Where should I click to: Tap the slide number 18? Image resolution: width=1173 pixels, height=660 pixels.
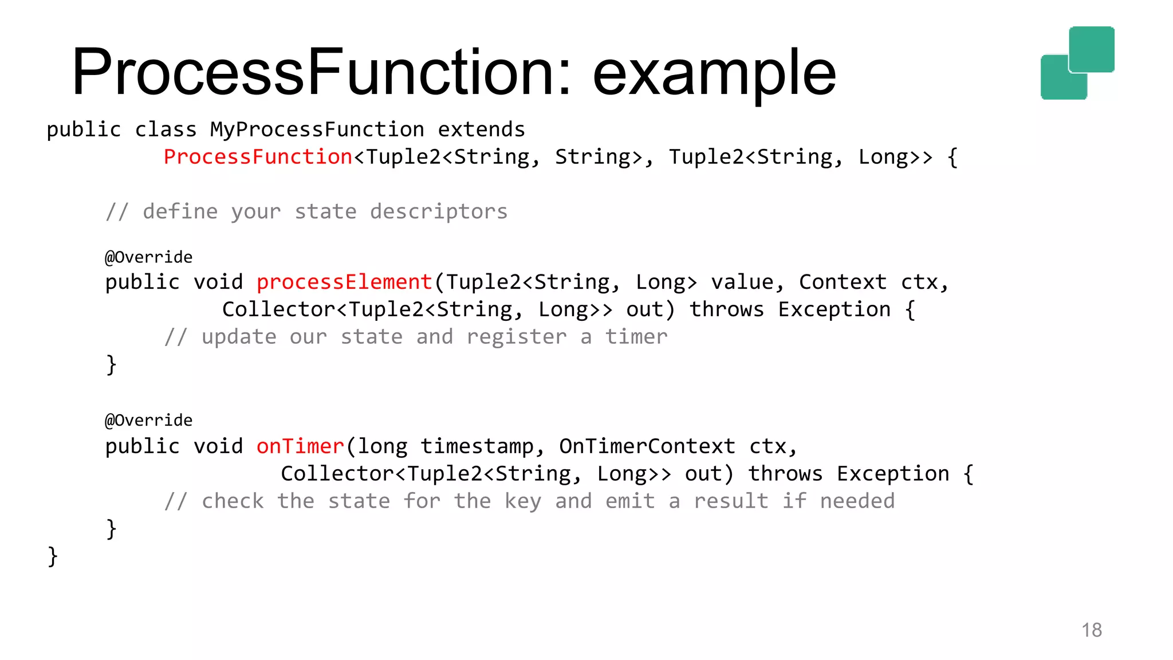(x=1092, y=630)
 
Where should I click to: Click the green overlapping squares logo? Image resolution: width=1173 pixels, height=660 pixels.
(x=1077, y=63)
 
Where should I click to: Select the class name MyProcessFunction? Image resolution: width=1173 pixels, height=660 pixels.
(x=317, y=129)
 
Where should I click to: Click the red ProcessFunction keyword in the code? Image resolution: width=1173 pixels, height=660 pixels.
(x=258, y=157)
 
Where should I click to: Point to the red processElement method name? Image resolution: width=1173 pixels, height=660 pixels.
(x=344, y=282)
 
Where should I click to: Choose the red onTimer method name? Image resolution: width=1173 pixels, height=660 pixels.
(x=300, y=446)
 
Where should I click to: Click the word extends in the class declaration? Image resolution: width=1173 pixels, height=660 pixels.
(x=481, y=129)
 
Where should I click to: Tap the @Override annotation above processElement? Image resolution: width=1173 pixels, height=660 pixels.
(x=149, y=257)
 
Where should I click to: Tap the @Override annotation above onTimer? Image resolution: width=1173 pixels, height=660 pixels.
(x=149, y=421)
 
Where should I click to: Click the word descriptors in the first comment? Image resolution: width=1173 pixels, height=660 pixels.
(x=439, y=212)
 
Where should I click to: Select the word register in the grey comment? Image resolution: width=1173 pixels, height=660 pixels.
(x=517, y=337)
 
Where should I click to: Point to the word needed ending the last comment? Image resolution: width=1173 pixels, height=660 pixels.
(x=857, y=501)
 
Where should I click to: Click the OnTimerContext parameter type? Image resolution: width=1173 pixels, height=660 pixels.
(x=647, y=446)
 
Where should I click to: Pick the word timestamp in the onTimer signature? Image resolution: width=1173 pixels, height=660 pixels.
(x=477, y=446)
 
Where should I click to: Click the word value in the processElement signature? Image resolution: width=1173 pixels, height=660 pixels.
(x=742, y=282)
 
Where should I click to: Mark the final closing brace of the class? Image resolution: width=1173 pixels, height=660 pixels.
(x=53, y=556)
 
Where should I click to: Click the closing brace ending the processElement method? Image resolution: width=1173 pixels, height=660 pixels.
(x=111, y=364)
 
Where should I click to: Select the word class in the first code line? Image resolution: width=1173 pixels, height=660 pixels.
(x=166, y=129)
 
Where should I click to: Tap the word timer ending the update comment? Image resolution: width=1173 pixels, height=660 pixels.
(x=636, y=337)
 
